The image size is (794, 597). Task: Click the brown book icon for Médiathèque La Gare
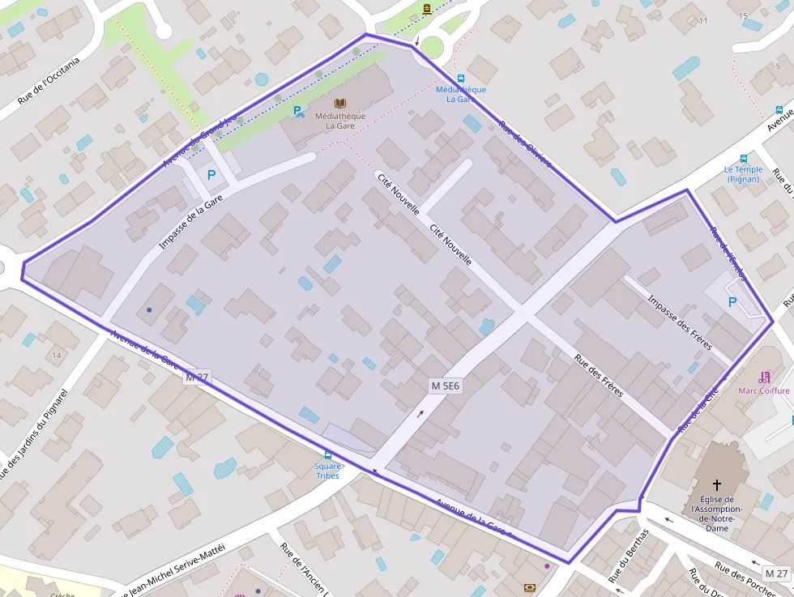point(340,103)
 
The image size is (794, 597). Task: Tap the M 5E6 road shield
point(445,386)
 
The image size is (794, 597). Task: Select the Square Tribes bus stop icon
point(327,456)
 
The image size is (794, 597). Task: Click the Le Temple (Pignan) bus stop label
point(743,173)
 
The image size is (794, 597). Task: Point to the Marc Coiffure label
point(763,390)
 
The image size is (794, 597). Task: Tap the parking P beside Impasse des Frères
point(732,302)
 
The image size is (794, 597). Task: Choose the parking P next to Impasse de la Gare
point(211,174)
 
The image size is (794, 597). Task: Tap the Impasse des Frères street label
point(679,322)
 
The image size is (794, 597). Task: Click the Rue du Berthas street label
point(629,557)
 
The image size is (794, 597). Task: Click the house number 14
point(56,356)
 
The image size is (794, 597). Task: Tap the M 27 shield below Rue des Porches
point(775,574)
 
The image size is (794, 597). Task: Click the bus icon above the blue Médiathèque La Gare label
point(461,79)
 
